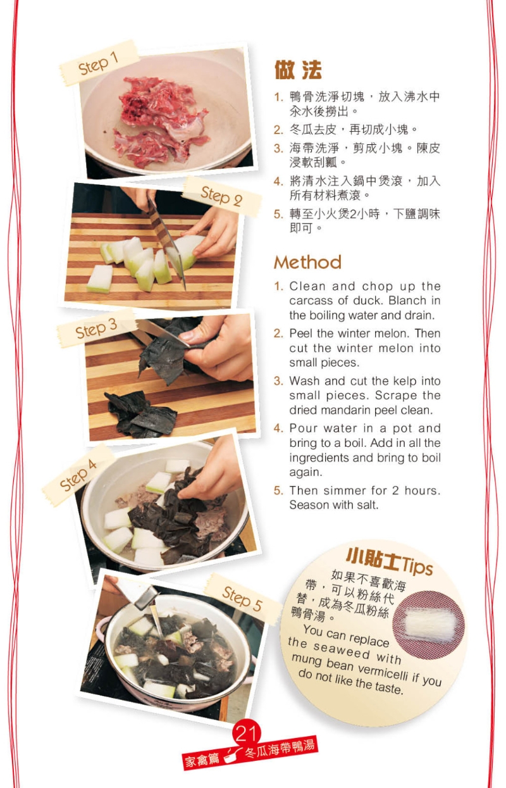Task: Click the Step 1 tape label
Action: tap(99, 63)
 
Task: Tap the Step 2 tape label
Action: tap(221, 196)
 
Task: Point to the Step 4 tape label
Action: tap(78, 474)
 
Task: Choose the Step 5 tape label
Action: tap(243, 599)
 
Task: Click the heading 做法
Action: tap(298, 70)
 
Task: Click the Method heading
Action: tap(307, 263)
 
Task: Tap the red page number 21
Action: tap(246, 734)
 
